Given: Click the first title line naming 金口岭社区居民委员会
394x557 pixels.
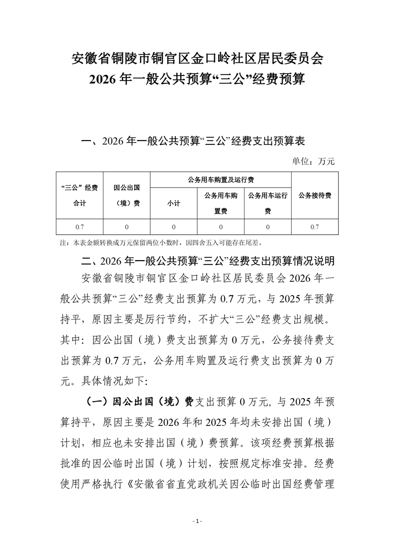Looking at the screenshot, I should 197,58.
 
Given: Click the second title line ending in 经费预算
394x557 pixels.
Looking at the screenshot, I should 197,79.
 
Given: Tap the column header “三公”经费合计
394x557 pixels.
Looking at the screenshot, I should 79,195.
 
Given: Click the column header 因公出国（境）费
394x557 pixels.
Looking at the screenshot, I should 126,195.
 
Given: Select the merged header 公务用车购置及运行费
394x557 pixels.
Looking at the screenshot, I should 220,179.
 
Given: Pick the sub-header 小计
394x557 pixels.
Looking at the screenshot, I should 173,204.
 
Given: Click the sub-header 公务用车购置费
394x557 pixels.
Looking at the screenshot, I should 221,204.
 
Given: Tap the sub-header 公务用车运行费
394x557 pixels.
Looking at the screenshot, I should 268,204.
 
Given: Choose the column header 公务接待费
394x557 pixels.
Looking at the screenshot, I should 315,195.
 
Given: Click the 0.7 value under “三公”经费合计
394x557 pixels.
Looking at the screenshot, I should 79,226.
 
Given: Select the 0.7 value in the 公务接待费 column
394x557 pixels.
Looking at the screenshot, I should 315,226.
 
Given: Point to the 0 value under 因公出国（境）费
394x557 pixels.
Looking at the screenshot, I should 126,226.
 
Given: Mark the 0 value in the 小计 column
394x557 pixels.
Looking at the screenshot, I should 173,226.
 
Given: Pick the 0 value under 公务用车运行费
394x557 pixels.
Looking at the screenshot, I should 268,226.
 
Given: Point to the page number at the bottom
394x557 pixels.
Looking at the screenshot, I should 197,521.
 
